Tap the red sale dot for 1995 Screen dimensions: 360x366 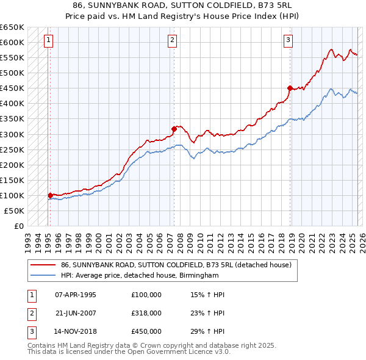point(50,195)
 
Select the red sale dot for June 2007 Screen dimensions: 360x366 point(174,129)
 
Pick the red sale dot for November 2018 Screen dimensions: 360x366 point(290,87)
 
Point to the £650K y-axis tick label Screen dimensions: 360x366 point(12,27)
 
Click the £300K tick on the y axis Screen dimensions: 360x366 point(12,134)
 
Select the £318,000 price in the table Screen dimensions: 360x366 point(146,313)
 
